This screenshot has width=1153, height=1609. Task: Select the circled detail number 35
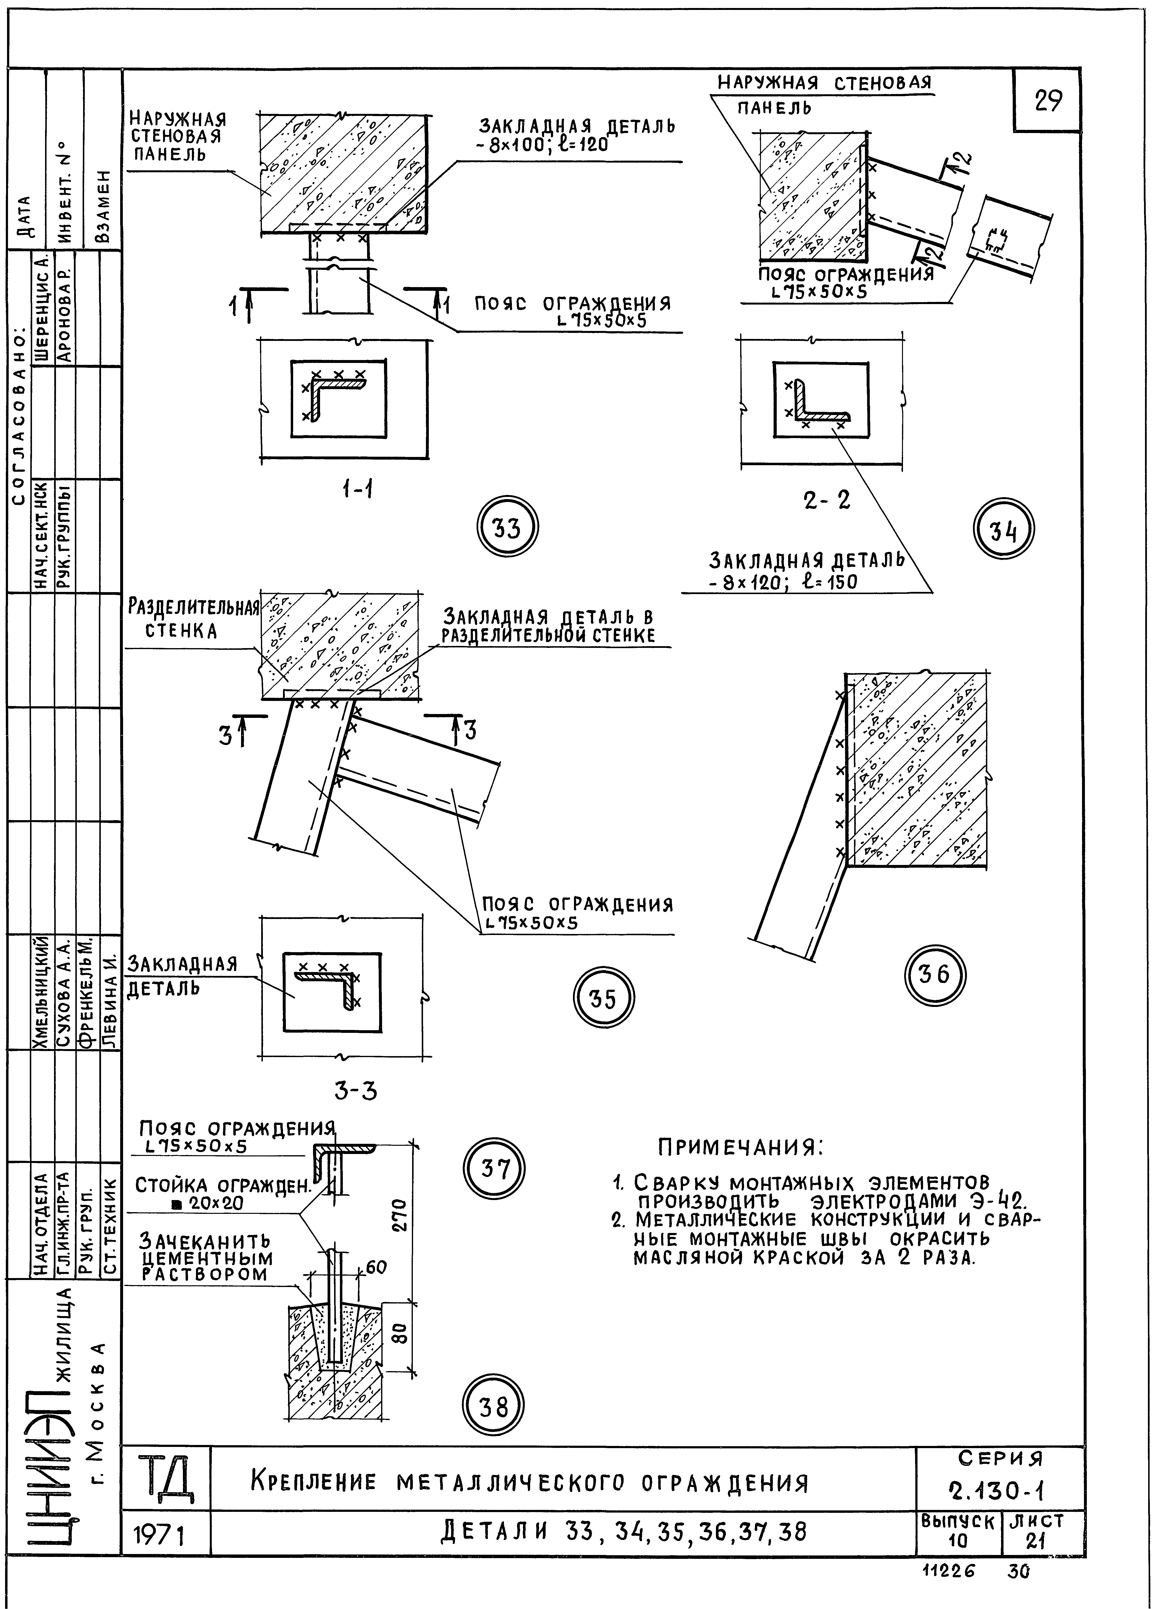(603, 998)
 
